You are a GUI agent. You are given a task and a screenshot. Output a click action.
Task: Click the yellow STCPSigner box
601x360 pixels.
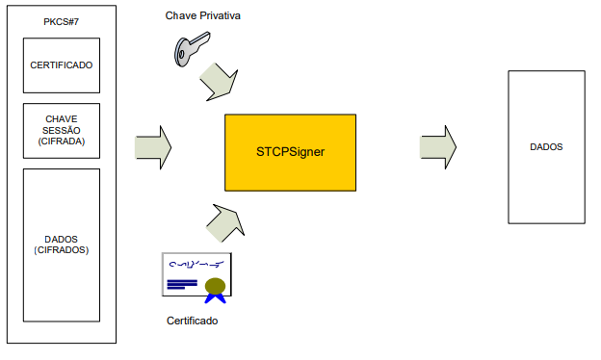(x=290, y=152)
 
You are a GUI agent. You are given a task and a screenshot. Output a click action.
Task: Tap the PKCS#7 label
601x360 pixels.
(x=62, y=22)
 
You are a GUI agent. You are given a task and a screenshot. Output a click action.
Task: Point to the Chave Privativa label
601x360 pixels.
(x=203, y=15)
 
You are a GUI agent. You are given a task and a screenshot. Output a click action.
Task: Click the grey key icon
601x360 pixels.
(x=192, y=49)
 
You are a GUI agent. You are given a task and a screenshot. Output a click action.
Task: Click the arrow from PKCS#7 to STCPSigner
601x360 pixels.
(x=153, y=147)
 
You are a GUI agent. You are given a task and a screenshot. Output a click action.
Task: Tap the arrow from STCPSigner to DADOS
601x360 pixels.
(x=438, y=147)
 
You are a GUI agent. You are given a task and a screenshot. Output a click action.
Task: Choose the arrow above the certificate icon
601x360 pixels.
(x=225, y=223)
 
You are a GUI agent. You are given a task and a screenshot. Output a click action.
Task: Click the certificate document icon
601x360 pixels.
(x=196, y=274)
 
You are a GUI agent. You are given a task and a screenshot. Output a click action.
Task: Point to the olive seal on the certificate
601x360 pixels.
(x=215, y=286)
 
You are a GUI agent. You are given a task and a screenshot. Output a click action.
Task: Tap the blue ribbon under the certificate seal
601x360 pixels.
(x=215, y=298)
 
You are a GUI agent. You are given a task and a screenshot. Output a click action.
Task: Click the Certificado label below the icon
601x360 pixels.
(x=192, y=321)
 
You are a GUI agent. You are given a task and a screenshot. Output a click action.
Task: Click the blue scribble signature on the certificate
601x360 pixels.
(x=196, y=264)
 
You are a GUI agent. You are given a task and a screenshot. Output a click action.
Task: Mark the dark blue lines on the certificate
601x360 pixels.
(x=182, y=284)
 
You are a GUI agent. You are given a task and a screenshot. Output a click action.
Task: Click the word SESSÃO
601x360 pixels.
(x=62, y=130)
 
